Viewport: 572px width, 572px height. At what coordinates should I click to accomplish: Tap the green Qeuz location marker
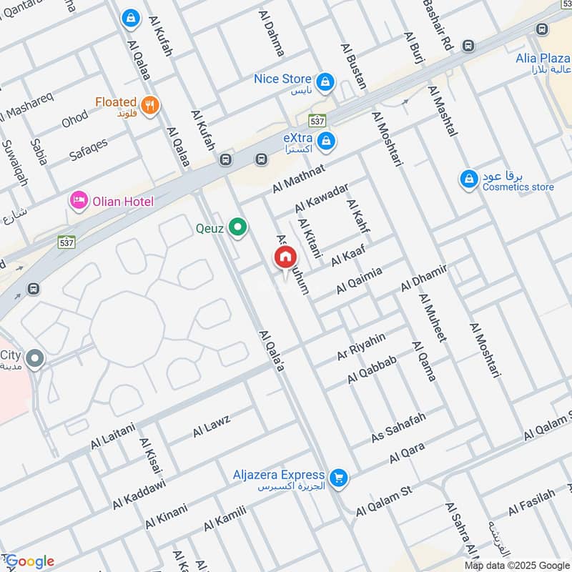(x=238, y=229)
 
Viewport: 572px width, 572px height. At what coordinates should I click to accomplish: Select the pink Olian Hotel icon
(x=78, y=201)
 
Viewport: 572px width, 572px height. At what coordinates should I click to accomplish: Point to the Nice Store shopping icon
(x=325, y=81)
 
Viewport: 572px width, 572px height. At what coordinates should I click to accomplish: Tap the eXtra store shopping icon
(x=326, y=139)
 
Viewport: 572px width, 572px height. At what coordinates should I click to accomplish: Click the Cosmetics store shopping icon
(x=469, y=177)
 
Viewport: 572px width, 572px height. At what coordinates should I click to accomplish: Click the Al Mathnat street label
(x=298, y=178)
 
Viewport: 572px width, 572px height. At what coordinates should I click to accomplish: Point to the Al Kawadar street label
(x=322, y=198)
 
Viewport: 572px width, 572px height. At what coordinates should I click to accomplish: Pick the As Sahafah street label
(x=398, y=427)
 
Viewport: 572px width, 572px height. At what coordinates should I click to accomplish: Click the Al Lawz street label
(x=211, y=427)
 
